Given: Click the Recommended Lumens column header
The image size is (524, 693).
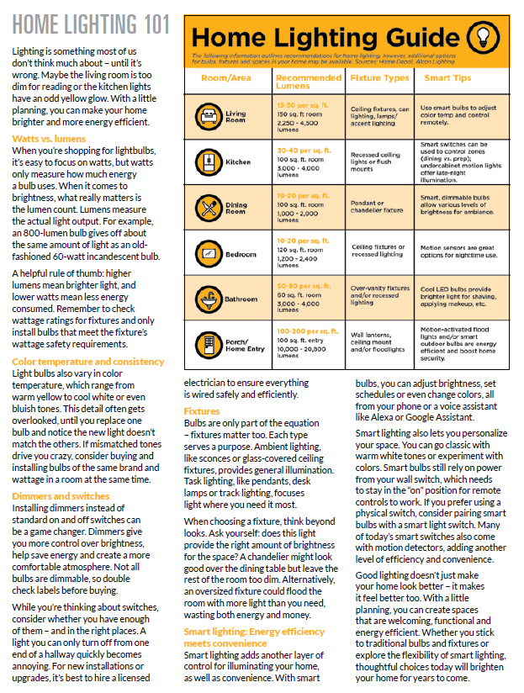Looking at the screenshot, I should tap(309, 82).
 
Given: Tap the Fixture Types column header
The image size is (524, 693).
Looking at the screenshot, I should tap(380, 78).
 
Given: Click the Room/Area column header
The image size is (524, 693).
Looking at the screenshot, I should tap(225, 78).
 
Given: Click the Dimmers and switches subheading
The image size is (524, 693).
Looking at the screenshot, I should tap(61, 496).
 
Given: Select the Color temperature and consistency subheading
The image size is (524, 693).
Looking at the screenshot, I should tap(87, 361).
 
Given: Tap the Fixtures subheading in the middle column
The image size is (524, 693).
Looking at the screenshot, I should tap(202, 411).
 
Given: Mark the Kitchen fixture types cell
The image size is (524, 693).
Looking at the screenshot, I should tap(380, 160).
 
